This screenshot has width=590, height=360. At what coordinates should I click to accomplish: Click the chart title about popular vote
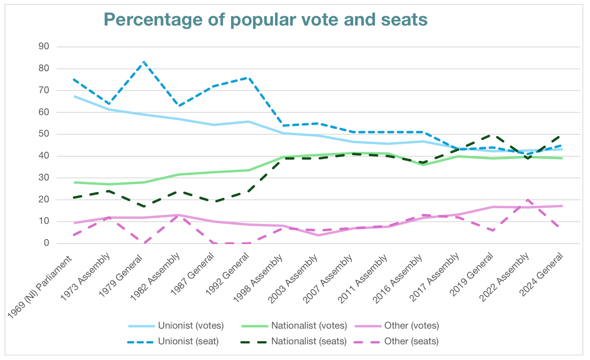click(265, 20)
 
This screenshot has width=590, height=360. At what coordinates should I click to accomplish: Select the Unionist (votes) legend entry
click(190, 326)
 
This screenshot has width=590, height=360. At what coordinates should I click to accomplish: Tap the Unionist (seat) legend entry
click(188, 341)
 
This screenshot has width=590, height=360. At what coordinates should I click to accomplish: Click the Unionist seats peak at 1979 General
click(144, 62)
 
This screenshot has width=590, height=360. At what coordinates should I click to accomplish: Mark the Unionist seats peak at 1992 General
click(248, 77)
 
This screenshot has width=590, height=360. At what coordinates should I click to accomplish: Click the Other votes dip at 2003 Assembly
click(318, 235)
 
